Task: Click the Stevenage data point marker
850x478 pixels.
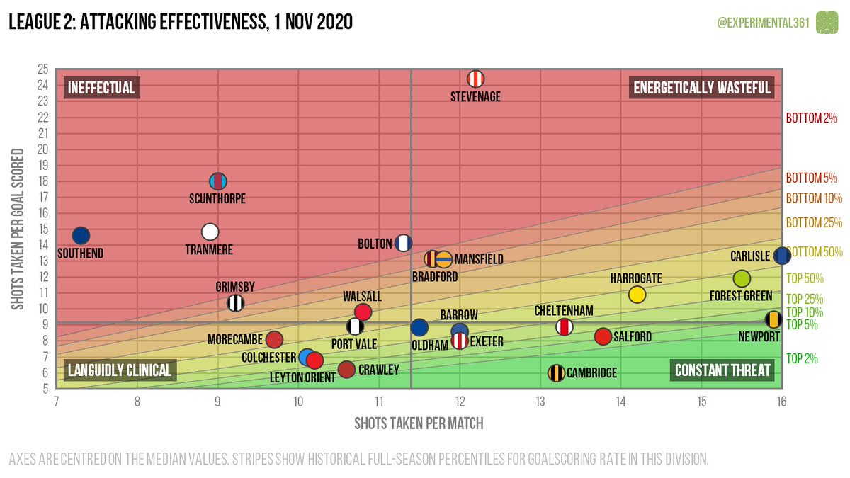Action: (x=476, y=79)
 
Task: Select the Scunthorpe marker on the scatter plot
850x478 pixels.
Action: (x=218, y=181)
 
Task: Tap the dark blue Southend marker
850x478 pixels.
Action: (x=81, y=235)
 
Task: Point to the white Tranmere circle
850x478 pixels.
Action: (x=210, y=232)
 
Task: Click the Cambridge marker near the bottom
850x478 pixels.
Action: (x=557, y=372)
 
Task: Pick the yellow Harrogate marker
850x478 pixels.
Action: (x=637, y=294)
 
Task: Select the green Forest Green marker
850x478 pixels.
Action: (x=742, y=279)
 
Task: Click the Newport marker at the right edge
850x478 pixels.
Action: (x=773, y=320)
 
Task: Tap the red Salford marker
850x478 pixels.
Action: (x=603, y=336)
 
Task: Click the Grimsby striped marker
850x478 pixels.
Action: (x=236, y=303)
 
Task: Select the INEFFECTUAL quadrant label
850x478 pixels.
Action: (x=101, y=88)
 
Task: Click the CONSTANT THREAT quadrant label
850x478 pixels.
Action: (x=722, y=370)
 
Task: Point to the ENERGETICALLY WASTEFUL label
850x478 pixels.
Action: (x=701, y=88)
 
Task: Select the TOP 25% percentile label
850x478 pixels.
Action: (x=804, y=299)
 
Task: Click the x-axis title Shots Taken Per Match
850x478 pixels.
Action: (x=419, y=423)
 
